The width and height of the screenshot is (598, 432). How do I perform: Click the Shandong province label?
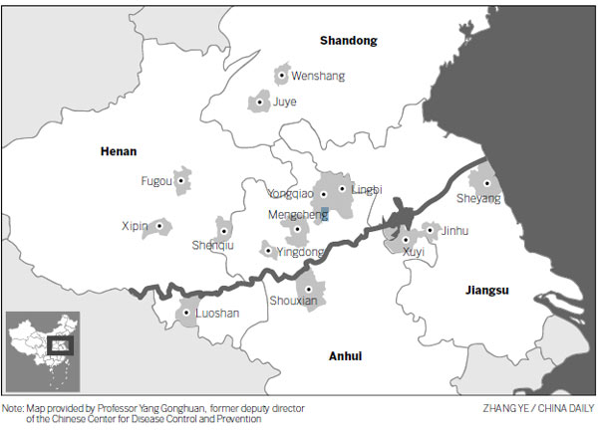(x=349, y=41)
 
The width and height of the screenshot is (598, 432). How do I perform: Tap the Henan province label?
(x=119, y=152)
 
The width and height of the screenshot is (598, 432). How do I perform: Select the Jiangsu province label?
(x=487, y=291)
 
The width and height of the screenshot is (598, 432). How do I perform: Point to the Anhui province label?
(x=345, y=356)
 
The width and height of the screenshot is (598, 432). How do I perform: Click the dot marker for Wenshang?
(x=283, y=75)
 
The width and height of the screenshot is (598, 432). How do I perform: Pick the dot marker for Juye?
(x=261, y=102)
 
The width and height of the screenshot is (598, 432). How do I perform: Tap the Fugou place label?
(x=157, y=181)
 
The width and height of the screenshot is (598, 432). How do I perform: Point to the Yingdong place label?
(x=300, y=253)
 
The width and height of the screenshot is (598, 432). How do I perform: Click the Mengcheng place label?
(x=298, y=214)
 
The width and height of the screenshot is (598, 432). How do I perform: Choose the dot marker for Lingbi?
(x=343, y=188)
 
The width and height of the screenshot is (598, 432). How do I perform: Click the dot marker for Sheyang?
(x=485, y=183)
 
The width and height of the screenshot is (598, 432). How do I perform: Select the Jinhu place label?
(x=453, y=231)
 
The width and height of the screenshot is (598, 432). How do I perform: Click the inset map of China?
(x=42, y=349)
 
